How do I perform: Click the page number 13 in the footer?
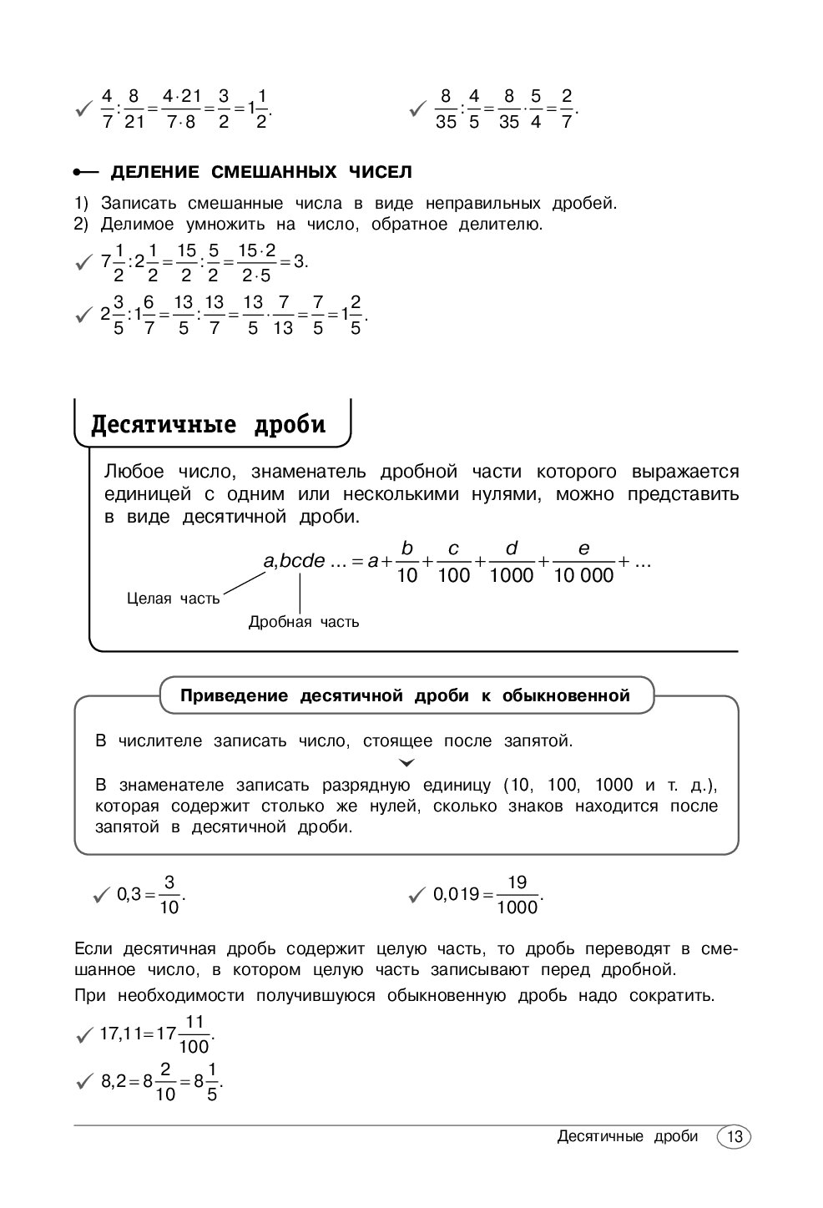point(735,1137)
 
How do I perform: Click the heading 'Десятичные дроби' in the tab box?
point(208,424)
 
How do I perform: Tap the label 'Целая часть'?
point(174,598)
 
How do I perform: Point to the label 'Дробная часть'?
point(304,622)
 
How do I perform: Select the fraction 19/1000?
point(517,895)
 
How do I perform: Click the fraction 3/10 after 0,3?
point(169,895)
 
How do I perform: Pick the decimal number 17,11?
point(121,1034)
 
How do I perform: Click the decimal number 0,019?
point(456,895)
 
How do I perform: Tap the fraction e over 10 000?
point(583,562)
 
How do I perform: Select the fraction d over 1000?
point(512,562)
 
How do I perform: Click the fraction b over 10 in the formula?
point(407,562)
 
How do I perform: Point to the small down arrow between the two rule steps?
point(406,763)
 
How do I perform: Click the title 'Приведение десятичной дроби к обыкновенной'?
point(406,695)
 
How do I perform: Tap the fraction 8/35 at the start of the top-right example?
point(446,109)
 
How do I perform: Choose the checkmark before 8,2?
point(83,1083)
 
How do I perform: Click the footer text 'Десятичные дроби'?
point(627,1137)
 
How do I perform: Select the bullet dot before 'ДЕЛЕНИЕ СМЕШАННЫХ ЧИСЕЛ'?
point(77,173)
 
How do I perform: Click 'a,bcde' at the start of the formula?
point(294,561)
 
